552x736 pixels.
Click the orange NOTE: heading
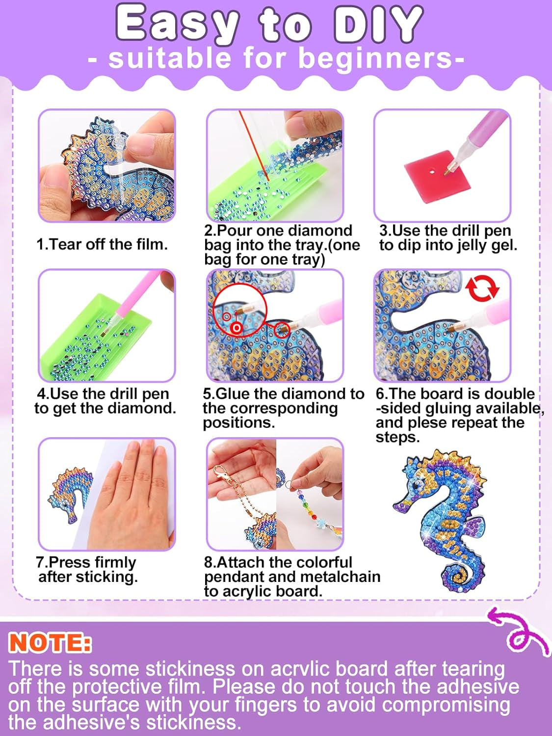coord(50,642)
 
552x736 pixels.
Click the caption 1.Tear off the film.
coord(102,244)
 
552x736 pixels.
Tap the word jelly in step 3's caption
coord(471,246)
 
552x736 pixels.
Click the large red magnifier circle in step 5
coord(240,312)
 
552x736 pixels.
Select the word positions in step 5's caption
coord(238,423)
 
